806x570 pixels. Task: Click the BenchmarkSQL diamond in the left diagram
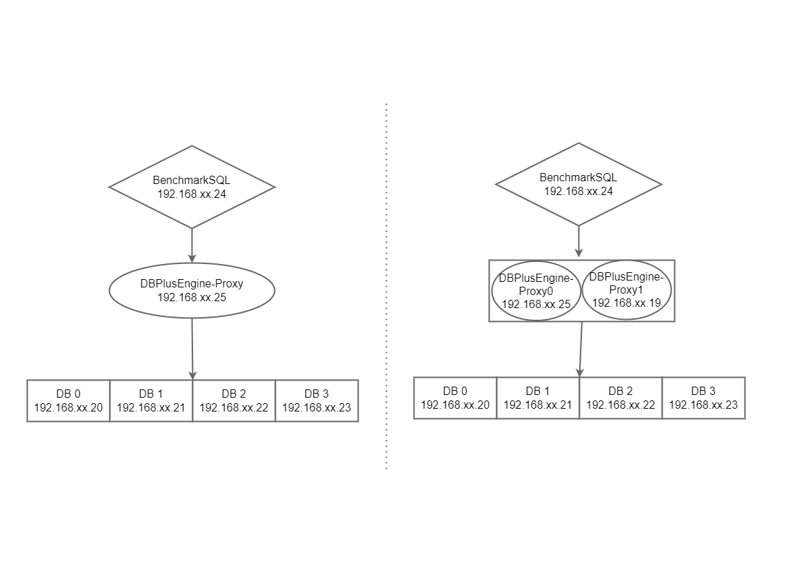[x=192, y=187]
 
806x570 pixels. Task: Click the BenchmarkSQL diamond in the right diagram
[x=578, y=184]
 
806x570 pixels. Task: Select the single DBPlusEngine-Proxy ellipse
[x=192, y=290]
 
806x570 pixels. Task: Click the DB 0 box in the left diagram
[x=68, y=400]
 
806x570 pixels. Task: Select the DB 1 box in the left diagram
[x=151, y=400]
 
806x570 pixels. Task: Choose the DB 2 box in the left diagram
[x=234, y=400]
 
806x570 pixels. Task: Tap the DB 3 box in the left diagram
[x=316, y=400]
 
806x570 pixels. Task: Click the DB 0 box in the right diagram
[x=455, y=398]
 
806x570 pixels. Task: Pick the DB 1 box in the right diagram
[x=538, y=398]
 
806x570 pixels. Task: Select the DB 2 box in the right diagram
[x=621, y=398]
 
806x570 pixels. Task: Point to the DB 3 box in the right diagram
[x=703, y=398]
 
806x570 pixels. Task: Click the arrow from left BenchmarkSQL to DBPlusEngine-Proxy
[x=192, y=245]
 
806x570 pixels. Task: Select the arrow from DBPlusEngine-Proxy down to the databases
[x=192, y=348]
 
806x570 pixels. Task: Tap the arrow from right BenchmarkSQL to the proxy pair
[x=578, y=241]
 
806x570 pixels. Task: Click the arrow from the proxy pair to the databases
[x=581, y=348]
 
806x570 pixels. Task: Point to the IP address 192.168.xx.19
[x=626, y=303]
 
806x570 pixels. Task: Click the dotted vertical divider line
[x=386, y=286]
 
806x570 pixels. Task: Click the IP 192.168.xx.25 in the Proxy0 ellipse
[x=536, y=303]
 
